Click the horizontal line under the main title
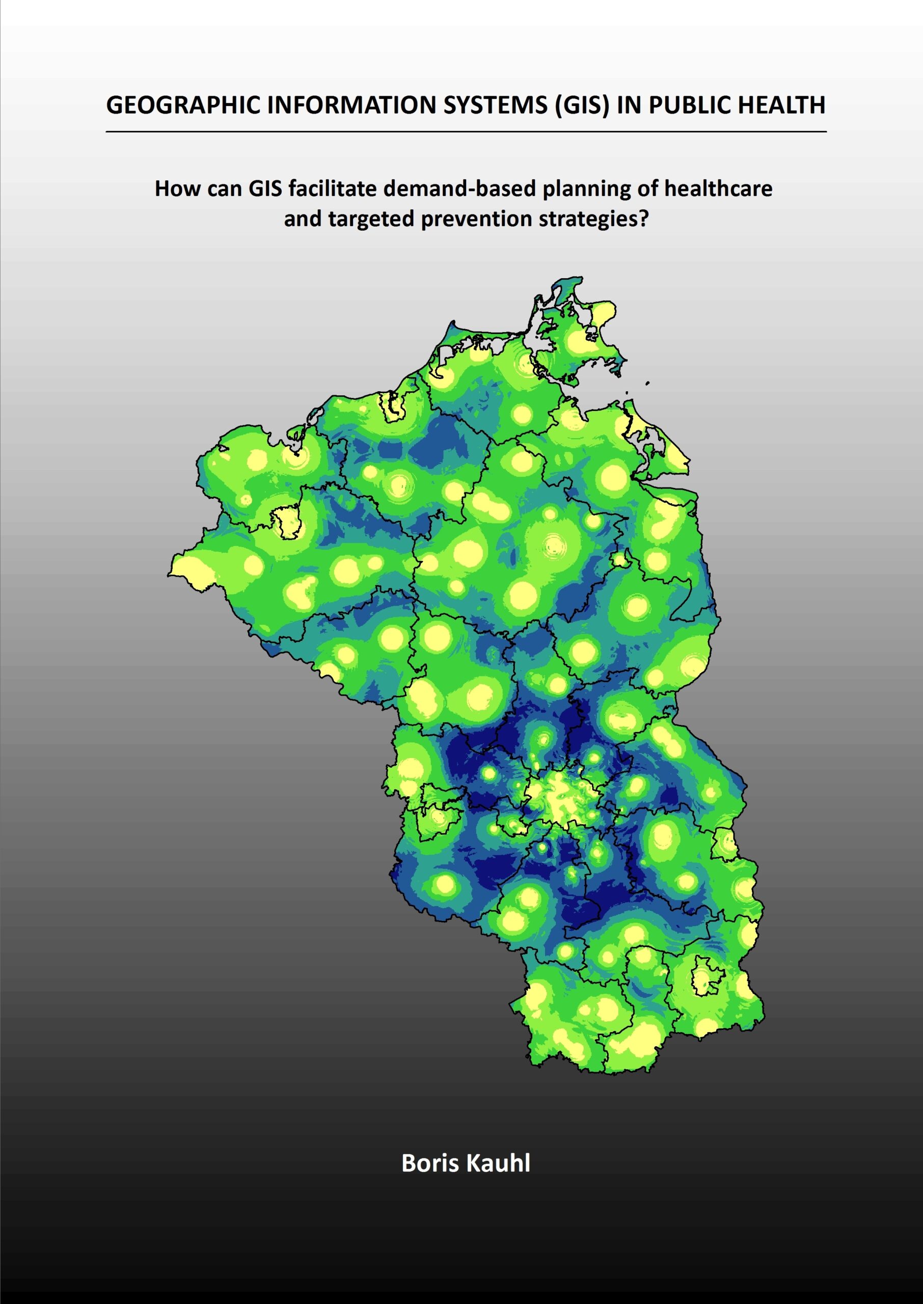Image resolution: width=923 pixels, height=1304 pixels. pyautogui.click(x=466, y=131)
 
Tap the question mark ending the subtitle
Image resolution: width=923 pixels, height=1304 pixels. pyautogui.click(x=643, y=219)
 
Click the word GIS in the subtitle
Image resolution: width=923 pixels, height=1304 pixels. pyautogui.click(x=266, y=188)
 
